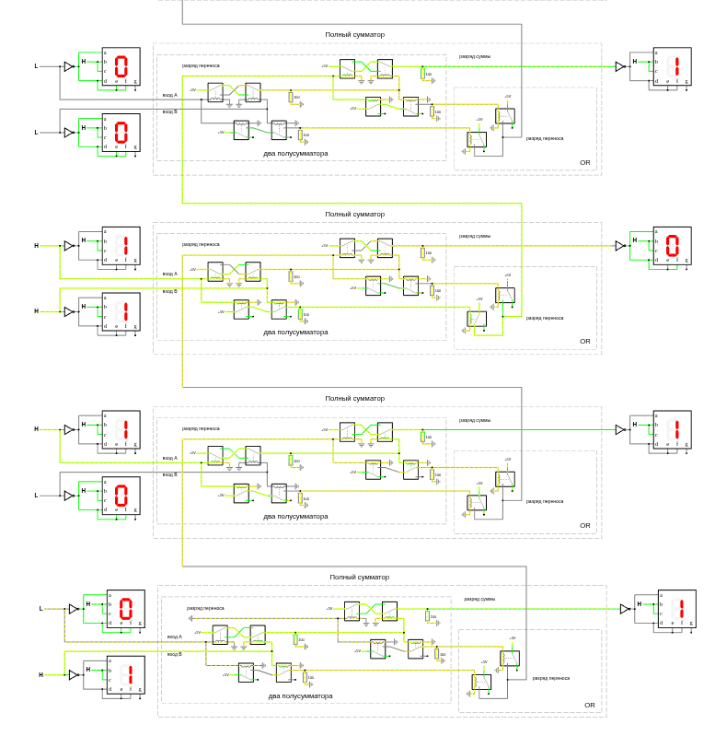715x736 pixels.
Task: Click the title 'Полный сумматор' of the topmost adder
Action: click(x=354, y=34)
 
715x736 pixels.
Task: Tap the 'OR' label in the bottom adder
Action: click(x=589, y=705)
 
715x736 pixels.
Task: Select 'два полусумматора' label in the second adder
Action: click(x=295, y=332)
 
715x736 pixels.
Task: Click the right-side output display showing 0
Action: click(x=672, y=246)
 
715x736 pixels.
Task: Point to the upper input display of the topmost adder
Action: click(x=121, y=66)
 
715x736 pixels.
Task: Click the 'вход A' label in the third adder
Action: click(x=170, y=458)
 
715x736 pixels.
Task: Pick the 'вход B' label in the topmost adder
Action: click(x=170, y=111)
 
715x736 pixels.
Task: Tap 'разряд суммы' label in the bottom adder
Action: click(x=479, y=599)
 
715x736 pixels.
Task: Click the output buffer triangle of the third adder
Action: click(x=620, y=430)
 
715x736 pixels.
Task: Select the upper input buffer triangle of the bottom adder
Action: click(x=73, y=609)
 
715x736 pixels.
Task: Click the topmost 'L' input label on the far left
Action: click(x=37, y=66)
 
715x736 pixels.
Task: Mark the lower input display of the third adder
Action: click(x=121, y=496)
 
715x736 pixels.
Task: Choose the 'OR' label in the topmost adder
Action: click(x=584, y=162)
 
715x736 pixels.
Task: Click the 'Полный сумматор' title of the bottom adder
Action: click(x=359, y=578)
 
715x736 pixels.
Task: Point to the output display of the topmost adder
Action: click(x=672, y=66)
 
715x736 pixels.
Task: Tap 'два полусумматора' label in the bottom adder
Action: click(x=300, y=695)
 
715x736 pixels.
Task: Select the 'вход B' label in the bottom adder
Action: click(x=175, y=654)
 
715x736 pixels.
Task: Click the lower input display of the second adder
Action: click(x=121, y=311)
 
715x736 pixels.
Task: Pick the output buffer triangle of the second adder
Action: click(x=620, y=246)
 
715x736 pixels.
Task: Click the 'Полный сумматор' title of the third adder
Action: click(x=354, y=399)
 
